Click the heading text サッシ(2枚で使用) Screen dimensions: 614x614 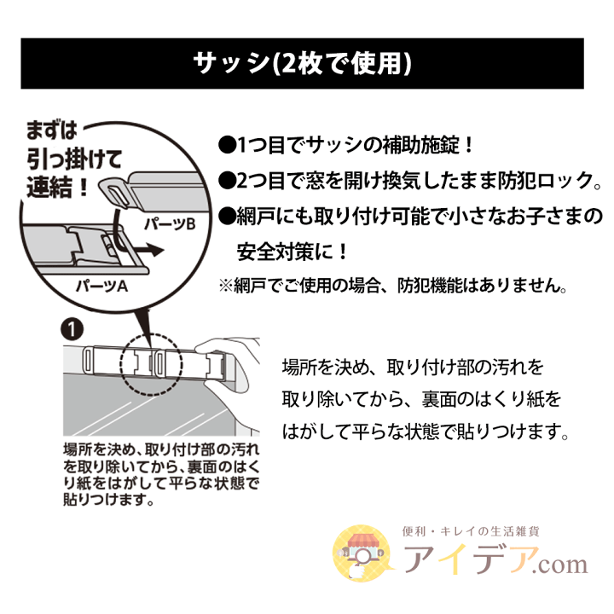(302, 63)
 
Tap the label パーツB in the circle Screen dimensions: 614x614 (170, 224)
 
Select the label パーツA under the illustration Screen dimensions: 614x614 (101, 287)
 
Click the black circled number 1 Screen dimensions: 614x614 (72, 330)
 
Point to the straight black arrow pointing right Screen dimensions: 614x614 (148, 250)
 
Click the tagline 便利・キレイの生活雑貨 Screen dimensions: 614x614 (471, 531)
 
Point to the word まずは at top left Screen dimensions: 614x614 (51, 130)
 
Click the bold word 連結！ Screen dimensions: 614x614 (57, 187)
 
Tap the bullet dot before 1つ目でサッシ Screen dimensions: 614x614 (228, 145)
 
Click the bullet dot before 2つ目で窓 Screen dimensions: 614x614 (228, 181)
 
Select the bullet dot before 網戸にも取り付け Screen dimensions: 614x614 (228, 216)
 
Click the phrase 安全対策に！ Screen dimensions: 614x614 (293, 252)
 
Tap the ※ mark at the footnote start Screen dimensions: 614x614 (226, 286)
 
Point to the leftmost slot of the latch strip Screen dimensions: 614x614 (88, 361)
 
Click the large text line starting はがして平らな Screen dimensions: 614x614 (426, 432)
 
